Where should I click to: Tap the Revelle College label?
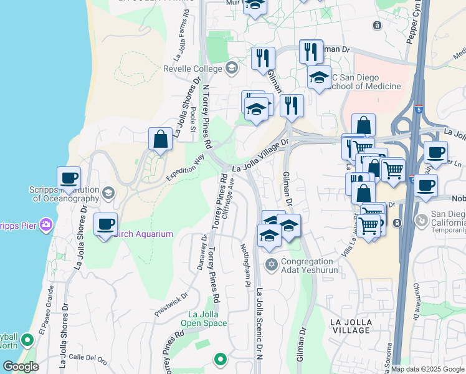point(193,69)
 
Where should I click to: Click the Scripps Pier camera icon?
point(45,224)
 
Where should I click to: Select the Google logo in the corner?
point(21,367)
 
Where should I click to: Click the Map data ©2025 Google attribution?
point(427,369)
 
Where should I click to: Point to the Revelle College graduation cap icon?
point(232,67)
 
